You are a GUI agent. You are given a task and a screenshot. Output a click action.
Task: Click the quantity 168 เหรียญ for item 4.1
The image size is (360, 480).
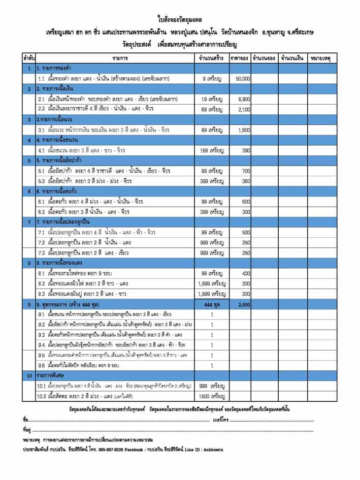(x=212, y=150)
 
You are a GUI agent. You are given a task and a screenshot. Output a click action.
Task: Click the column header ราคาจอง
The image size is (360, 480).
(x=239, y=58)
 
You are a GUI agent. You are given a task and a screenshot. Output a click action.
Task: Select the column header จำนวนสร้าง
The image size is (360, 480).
(x=212, y=58)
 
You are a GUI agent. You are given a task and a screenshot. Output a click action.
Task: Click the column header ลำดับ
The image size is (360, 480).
(x=29, y=58)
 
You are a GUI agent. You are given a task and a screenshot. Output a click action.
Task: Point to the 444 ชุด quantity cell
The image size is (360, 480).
(x=212, y=304)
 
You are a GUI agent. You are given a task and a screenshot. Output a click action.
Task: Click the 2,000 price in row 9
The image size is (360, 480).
(x=244, y=304)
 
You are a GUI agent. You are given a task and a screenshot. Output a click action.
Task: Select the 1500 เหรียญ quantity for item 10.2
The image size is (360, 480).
(x=212, y=396)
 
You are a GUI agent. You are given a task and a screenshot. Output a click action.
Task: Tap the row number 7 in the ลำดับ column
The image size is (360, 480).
(x=29, y=222)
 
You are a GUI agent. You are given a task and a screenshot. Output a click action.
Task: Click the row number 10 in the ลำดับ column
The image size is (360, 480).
(x=29, y=376)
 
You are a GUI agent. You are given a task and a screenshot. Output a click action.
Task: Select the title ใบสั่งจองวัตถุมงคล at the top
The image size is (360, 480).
(x=180, y=20)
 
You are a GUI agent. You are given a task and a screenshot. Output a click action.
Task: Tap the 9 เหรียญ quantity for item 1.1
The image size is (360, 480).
(x=212, y=79)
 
